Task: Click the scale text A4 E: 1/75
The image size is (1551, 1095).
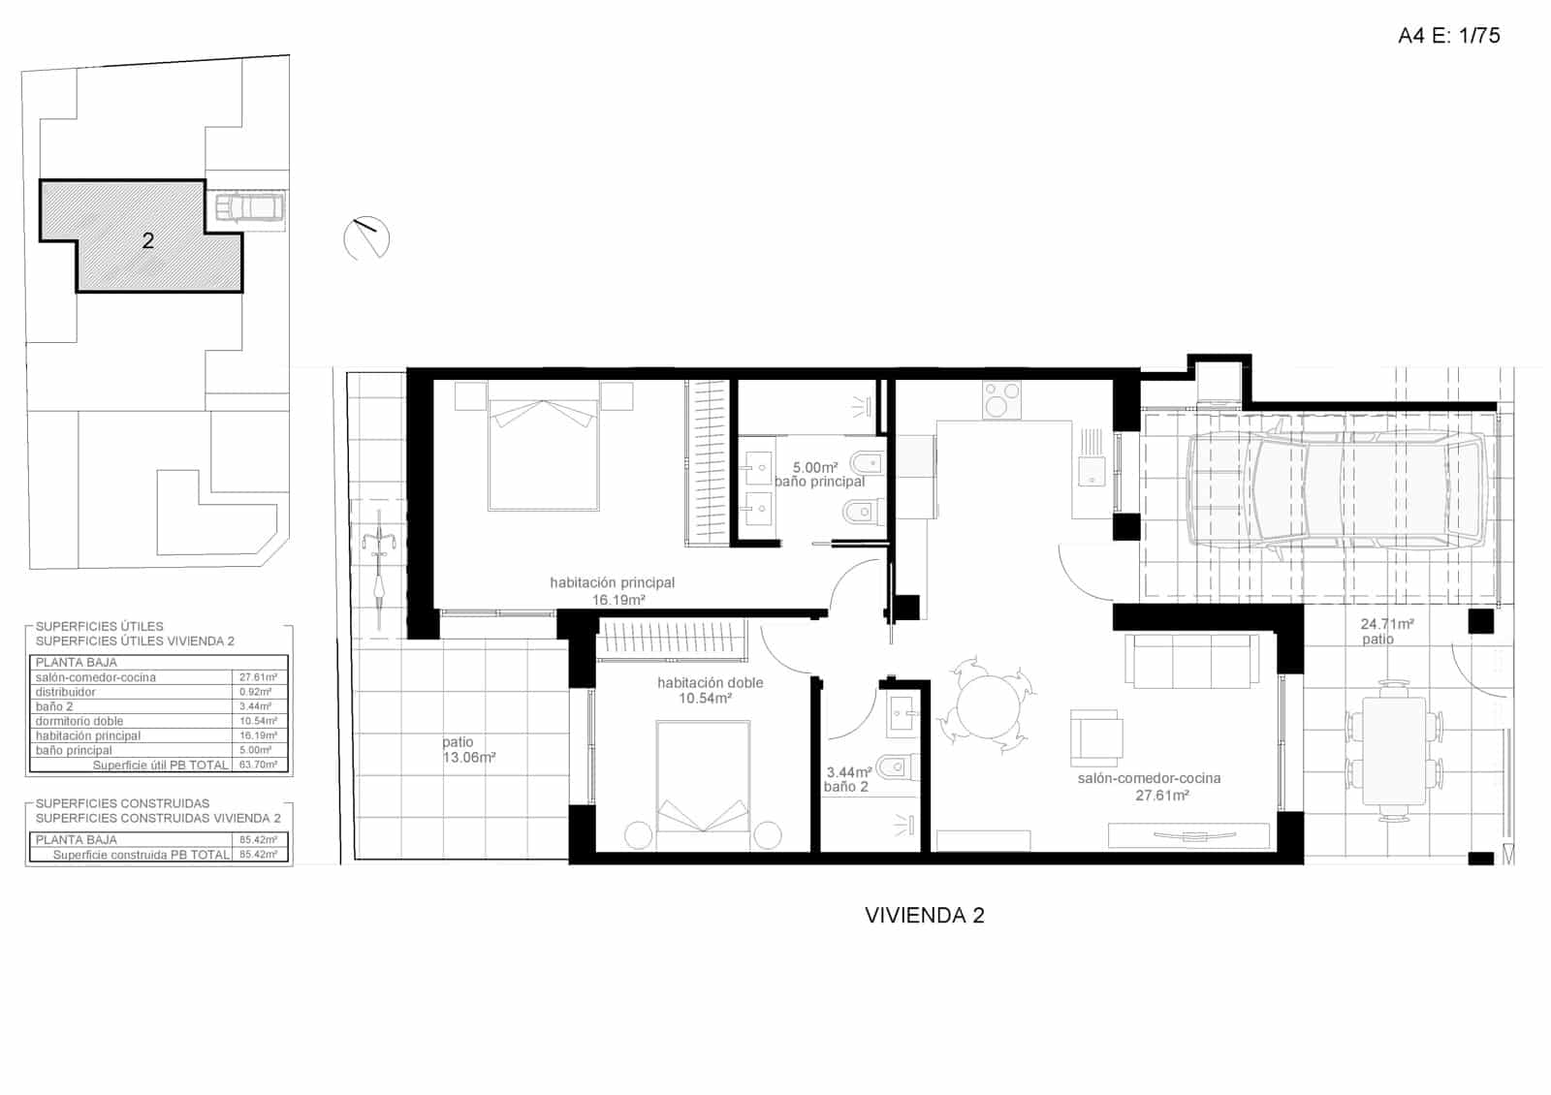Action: tap(1448, 36)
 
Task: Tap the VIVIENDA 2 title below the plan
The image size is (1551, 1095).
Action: tap(924, 916)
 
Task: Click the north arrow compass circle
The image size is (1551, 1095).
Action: tap(366, 237)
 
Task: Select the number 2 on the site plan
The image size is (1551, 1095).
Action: tap(148, 240)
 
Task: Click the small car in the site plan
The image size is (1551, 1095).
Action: tap(248, 208)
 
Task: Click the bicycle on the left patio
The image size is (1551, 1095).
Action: tap(379, 570)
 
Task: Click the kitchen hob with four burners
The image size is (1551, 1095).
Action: tap(1001, 399)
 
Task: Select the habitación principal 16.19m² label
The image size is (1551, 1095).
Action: tap(613, 591)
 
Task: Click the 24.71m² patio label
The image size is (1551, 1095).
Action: tap(1386, 631)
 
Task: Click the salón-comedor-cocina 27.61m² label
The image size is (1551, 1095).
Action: tap(1149, 786)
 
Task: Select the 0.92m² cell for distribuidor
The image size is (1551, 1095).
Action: tap(258, 692)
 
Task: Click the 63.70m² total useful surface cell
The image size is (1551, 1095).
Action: tap(258, 765)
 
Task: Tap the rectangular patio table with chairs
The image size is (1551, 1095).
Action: tap(1394, 752)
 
